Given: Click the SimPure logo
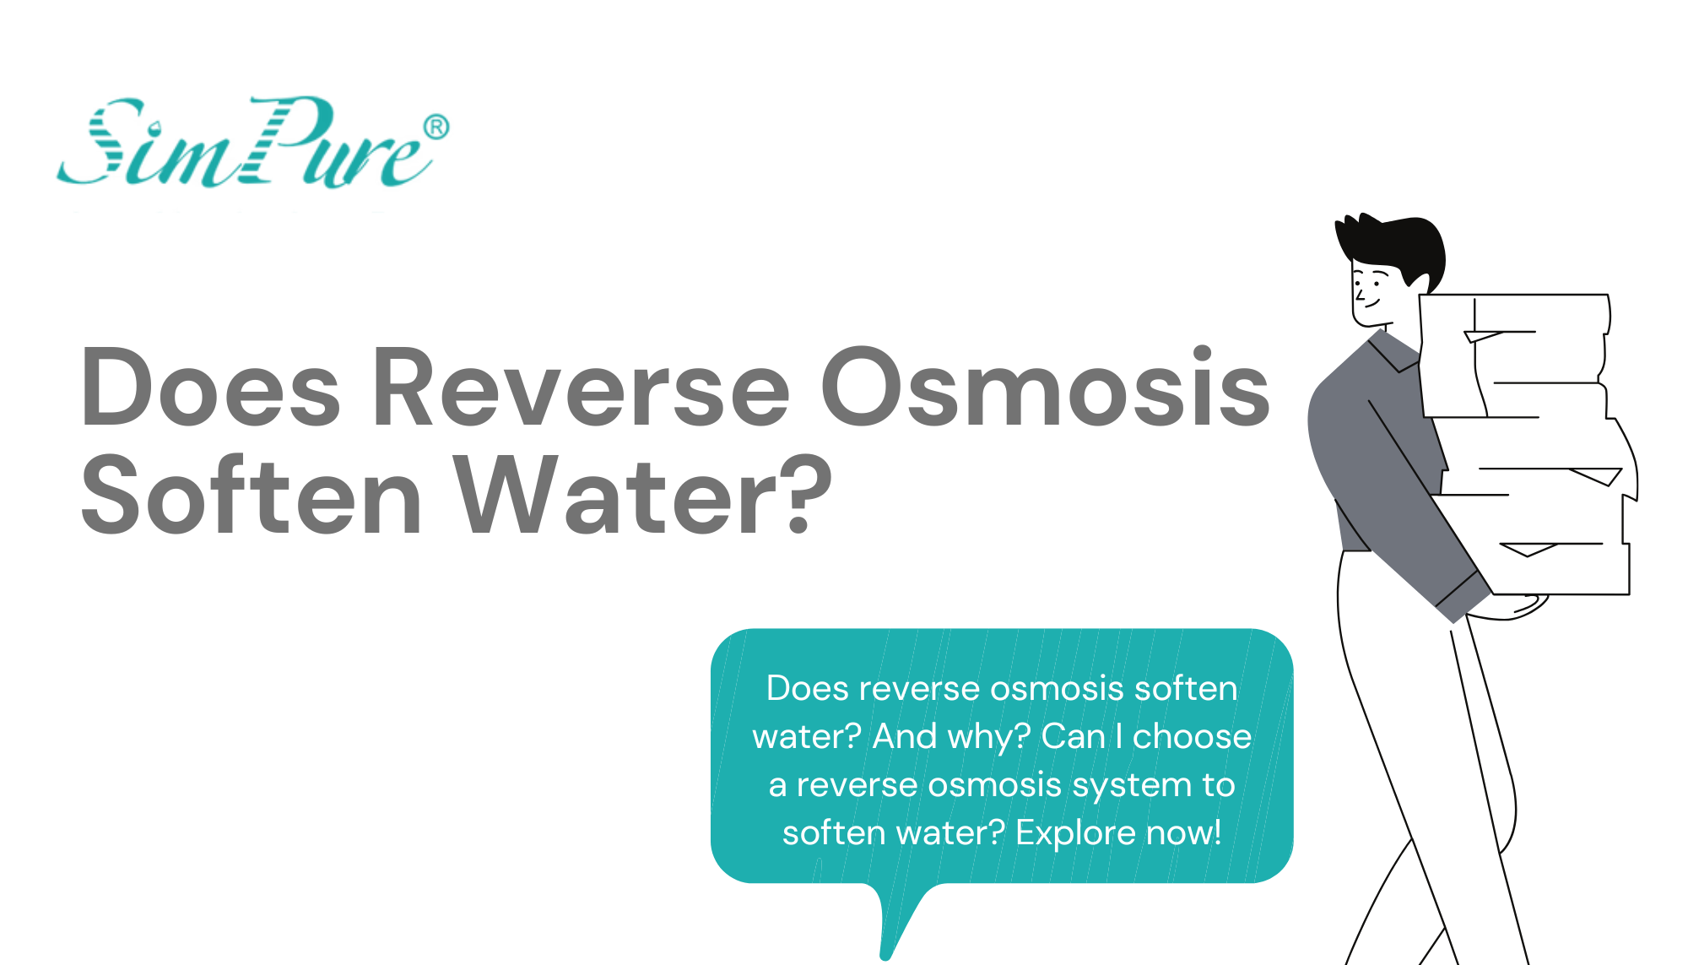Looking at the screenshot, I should pos(245,144).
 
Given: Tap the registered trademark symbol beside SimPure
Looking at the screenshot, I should pos(436,127).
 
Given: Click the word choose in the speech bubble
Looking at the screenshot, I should pos(1192,737).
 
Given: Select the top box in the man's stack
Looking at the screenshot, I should pos(1515,355).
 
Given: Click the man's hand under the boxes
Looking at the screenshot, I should pos(1519,608).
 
